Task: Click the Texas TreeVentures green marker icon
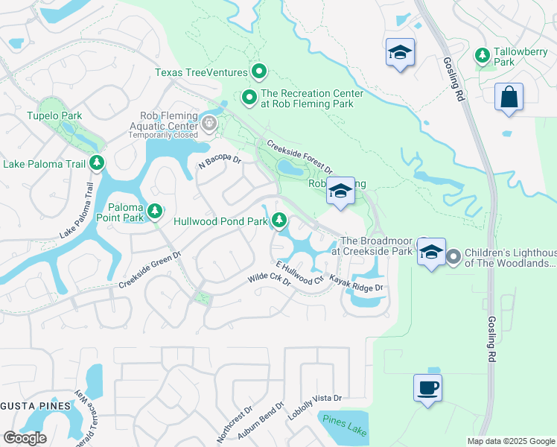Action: tap(259, 72)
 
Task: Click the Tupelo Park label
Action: tap(54, 115)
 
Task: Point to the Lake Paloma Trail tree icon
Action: tap(96, 162)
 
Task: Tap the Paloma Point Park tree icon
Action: tap(154, 212)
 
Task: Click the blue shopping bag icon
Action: tap(509, 97)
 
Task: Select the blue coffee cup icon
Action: tap(427, 388)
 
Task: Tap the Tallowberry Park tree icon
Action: tap(483, 56)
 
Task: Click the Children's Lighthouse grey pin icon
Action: tap(454, 257)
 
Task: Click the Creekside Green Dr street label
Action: tap(150, 270)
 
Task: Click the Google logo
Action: tap(25, 438)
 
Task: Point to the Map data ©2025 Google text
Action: tap(510, 441)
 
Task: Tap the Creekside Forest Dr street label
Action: tap(299, 158)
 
